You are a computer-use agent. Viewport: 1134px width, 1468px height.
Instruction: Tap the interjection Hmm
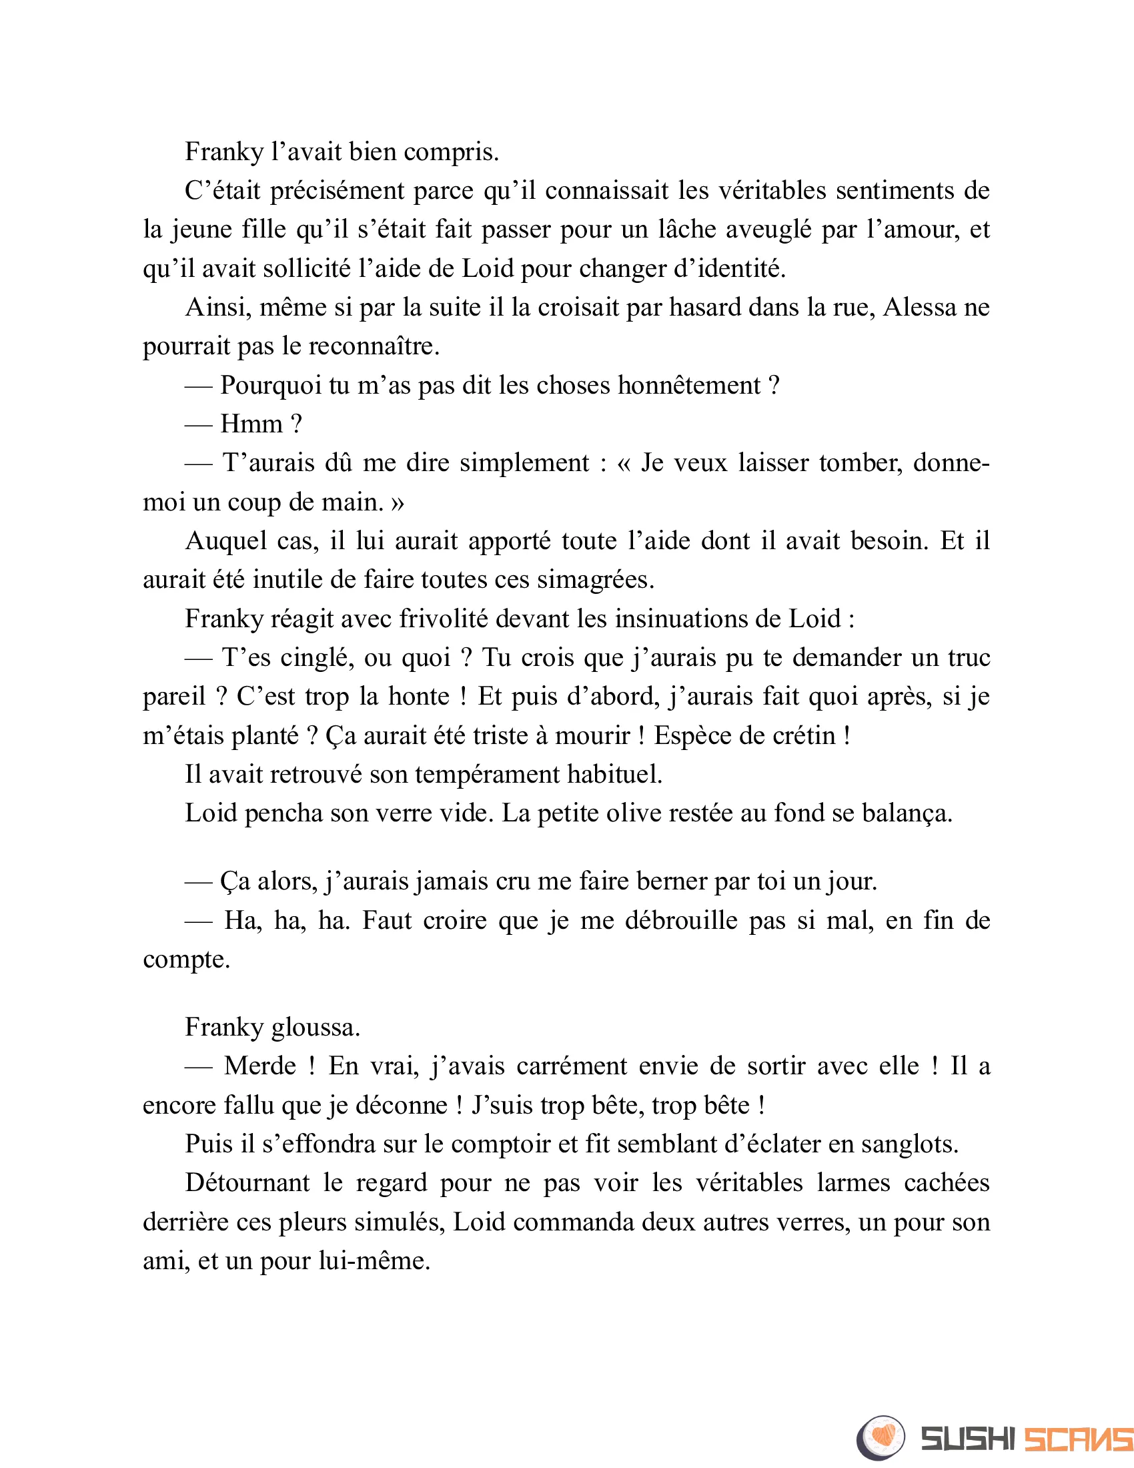point(251,424)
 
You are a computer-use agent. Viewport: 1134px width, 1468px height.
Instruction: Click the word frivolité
point(444,619)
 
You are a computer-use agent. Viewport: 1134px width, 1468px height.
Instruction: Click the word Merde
point(259,1066)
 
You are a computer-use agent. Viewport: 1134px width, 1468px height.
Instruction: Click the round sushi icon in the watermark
point(881,1438)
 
